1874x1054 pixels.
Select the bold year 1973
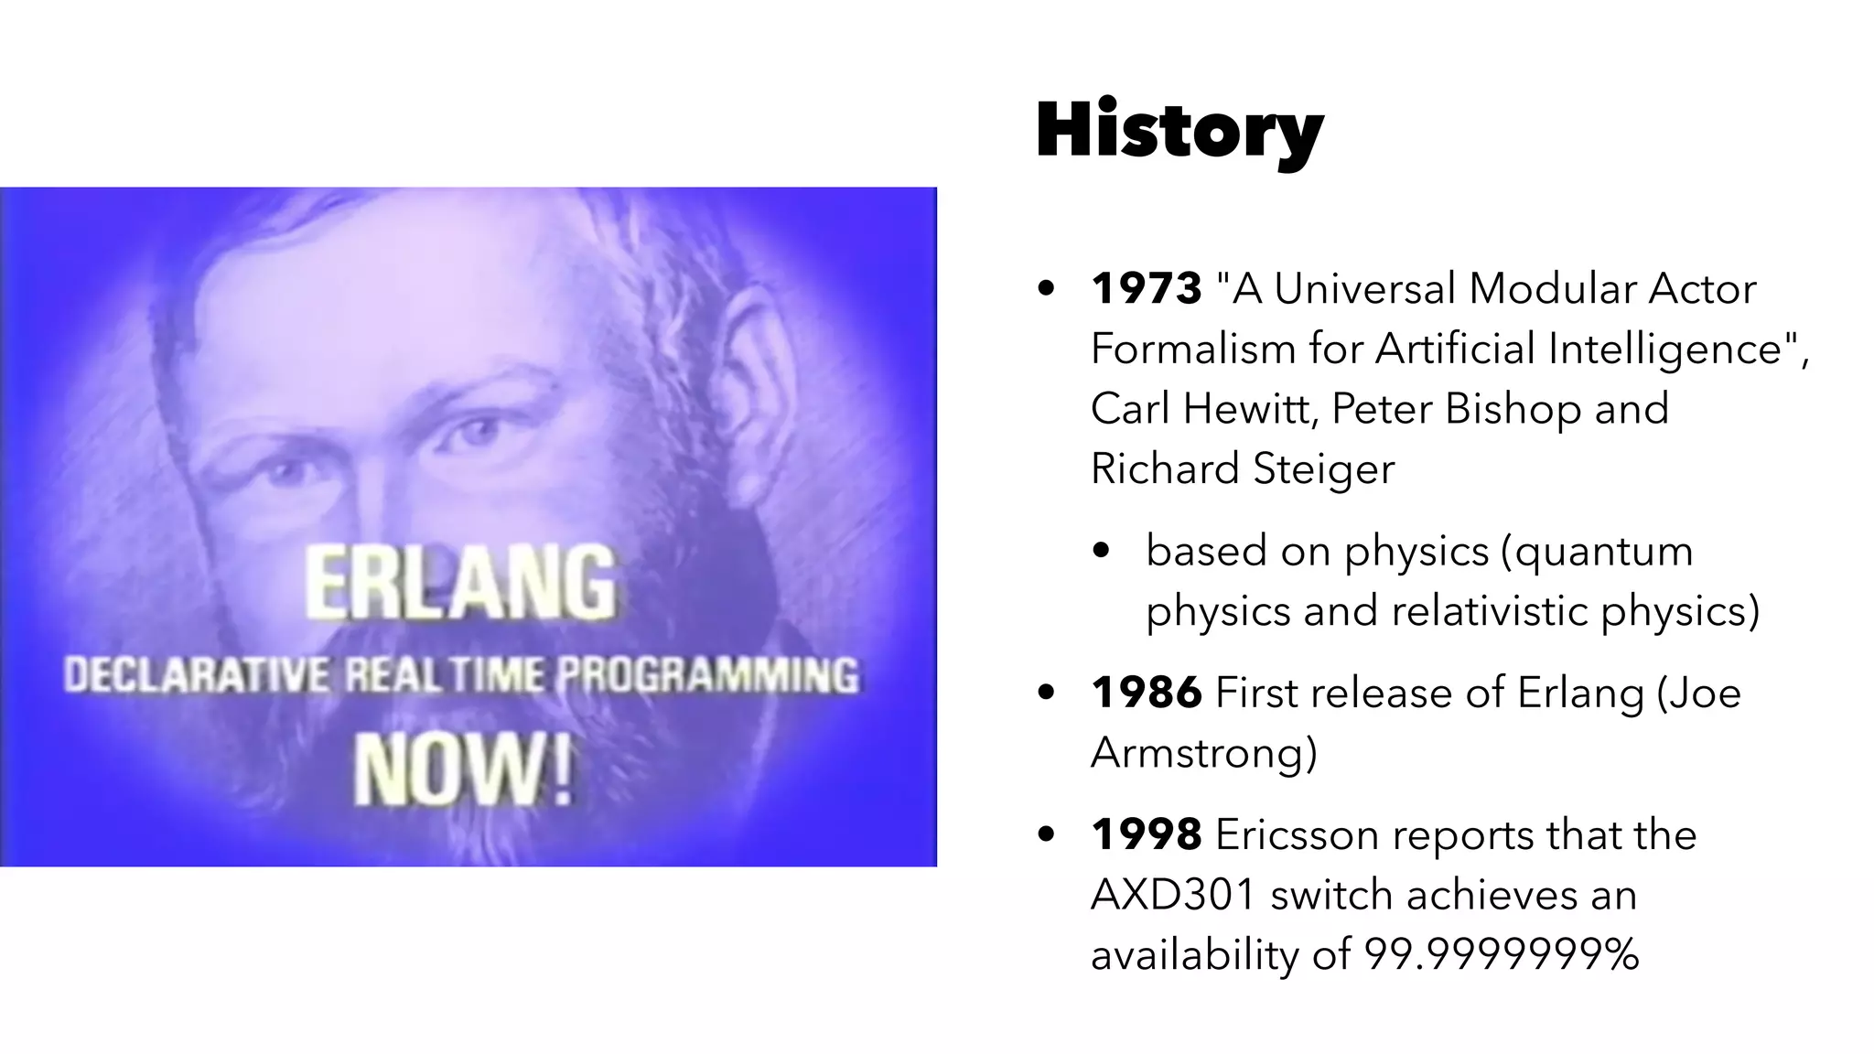(x=1147, y=289)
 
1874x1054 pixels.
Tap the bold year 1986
(x=1147, y=694)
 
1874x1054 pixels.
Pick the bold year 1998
(x=1147, y=835)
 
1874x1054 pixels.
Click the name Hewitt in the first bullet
(x=1250, y=409)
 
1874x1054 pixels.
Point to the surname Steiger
(x=1323, y=470)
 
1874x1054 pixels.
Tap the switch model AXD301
(x=1173, y=895)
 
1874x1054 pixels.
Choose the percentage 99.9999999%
(x=1502, y=955)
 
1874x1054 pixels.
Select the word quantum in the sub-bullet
(x=1603, y=552)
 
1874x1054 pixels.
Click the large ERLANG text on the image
(x=460, y=582)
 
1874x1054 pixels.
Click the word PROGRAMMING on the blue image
(x=707, y=676)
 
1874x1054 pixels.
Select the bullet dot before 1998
(x=1047, y=835)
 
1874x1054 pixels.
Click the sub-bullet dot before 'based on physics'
(x=1102, y=552)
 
